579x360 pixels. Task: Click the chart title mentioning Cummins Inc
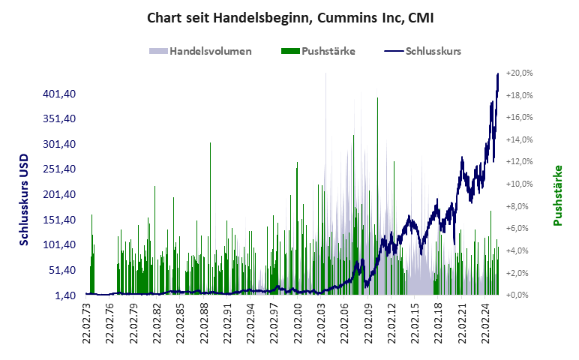[290, 17]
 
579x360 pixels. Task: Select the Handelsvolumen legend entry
[199, 52]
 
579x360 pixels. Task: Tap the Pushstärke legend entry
[317, 52]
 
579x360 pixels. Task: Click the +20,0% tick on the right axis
[519, 73]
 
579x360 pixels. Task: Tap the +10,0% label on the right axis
[519, 184]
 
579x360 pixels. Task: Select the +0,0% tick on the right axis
[519, 295]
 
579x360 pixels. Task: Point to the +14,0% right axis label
[519, 140]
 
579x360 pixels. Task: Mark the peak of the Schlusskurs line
[498, 74]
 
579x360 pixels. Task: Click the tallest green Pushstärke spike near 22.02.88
[210, 143]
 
